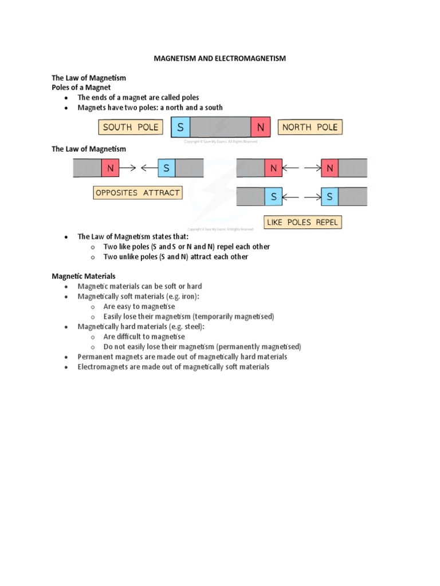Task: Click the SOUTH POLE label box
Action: coord(131,127)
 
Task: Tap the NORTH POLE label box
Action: coord(310,127)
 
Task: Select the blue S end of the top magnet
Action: coord(180,127)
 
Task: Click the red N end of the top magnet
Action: coord(261,127)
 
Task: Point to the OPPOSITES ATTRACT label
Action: coord(137,193)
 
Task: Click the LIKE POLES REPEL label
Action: coord(303,222)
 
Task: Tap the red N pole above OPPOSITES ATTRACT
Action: coord(111,168)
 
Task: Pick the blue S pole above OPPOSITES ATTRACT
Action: coord(167,168)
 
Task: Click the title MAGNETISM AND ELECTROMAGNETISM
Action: coord(220,58)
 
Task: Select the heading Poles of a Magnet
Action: coord(81,88)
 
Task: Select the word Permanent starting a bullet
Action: coord(95,357)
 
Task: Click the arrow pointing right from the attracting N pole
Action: coord(129,168)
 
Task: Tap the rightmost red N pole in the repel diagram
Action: coord(330,168)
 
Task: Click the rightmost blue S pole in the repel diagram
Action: coord(330,197)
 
